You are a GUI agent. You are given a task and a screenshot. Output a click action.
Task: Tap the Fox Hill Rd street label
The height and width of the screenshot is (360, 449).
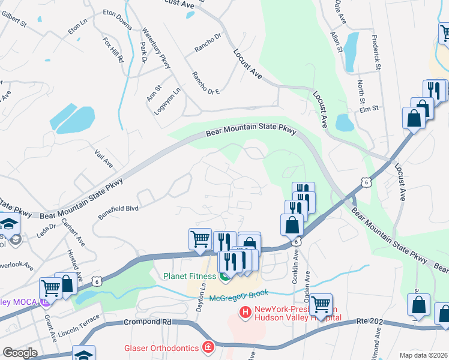pos(112,51)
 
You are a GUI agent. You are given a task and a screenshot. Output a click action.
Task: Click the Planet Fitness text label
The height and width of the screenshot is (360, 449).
pos(190,276)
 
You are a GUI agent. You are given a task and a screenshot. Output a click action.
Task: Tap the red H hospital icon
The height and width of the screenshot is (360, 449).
pos(245,312)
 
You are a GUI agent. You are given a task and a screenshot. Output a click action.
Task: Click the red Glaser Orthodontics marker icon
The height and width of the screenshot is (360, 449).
pos(208,347)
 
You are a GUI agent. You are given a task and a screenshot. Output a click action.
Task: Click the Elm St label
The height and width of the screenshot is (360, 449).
pos(369,109)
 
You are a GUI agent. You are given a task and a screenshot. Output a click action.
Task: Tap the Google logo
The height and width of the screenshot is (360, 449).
pos(20,353)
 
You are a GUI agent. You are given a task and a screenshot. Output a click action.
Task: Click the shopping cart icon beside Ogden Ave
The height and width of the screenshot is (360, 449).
pos(321,304)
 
